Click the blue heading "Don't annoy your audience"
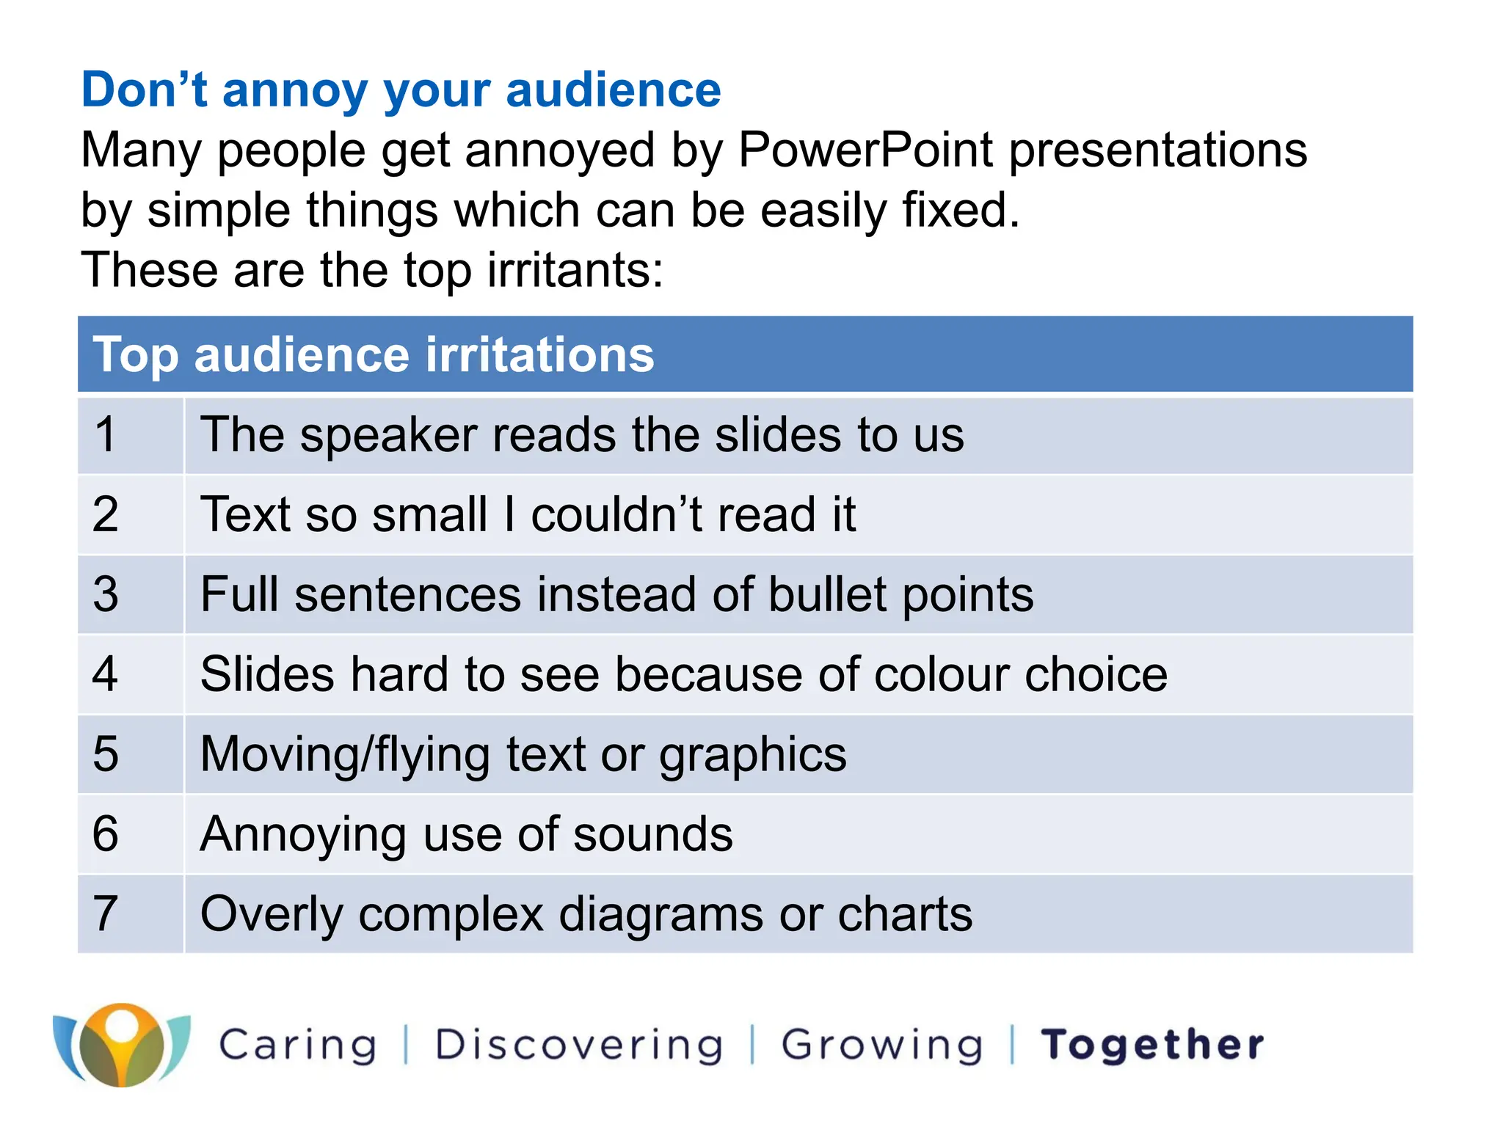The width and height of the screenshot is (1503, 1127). [401, 90]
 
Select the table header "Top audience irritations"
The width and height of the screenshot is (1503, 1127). [373, 355]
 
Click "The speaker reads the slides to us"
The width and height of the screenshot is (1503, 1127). [581, 435]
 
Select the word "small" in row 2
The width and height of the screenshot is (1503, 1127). [429, 514]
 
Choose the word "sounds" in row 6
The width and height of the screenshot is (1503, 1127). [652, 834]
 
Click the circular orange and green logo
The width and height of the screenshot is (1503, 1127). [122, 1045]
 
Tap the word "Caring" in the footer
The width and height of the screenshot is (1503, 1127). [298, 1045]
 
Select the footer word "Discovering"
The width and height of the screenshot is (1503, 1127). [579, 1045]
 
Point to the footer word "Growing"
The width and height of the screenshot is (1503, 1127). [881, 1045]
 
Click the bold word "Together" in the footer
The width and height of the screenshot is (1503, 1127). [1152, 1045]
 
